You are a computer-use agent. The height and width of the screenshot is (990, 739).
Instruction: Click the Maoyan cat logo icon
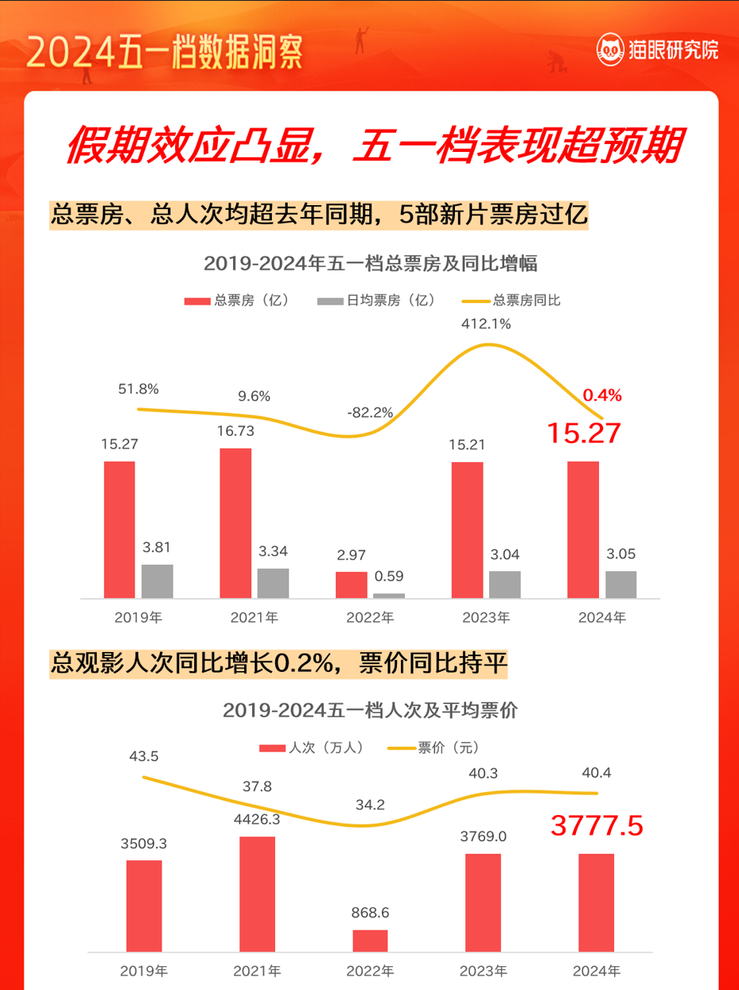[609, 50]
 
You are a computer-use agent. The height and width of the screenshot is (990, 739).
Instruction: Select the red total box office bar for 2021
[235, 522]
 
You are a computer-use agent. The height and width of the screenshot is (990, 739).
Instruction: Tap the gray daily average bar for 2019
[157, 580]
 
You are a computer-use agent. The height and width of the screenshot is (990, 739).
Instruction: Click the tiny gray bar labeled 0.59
[389, 595]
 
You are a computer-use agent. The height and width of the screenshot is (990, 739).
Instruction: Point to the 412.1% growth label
[486, 324]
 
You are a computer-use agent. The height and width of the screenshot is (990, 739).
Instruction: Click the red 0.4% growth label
[602, 394]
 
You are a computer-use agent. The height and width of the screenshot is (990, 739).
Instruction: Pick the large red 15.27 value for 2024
[583, 433]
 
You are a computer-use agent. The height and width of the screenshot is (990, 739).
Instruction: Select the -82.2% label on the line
[370, 412]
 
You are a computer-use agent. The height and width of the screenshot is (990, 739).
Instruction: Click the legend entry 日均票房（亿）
[377, 301]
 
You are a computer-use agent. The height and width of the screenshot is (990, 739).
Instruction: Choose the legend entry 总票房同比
[512, 301]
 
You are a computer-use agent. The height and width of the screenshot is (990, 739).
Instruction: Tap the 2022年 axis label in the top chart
[370, 617]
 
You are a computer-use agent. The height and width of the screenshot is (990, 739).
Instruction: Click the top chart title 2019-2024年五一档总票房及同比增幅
[371, 263]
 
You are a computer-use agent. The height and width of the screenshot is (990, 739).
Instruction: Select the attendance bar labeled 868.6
[370, 940]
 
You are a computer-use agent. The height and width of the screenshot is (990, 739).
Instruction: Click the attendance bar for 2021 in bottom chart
[257, 894]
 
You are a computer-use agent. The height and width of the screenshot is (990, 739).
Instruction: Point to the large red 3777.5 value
[597, 827]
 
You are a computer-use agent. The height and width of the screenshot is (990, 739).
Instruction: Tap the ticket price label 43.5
[143, 756]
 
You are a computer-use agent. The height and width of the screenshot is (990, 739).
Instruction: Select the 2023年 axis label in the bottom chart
[483, 971]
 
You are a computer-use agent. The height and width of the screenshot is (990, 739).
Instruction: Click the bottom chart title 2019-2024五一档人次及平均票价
[370, 710]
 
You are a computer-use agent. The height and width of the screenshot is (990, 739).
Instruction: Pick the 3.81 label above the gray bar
[157, 547]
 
